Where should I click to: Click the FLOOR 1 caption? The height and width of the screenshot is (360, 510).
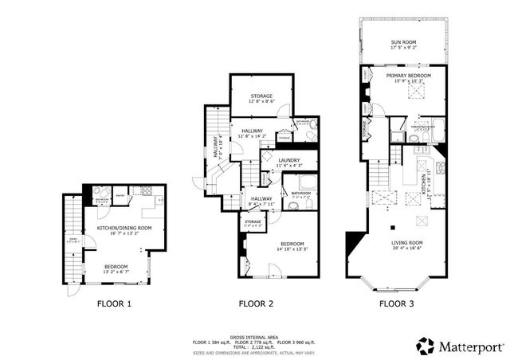pos(114,303)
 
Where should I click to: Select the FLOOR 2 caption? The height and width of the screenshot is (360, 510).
pos(257,303)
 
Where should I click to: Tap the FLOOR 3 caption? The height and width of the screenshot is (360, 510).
pos(396,303)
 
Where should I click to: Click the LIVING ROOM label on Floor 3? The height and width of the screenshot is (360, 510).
pos(406,243)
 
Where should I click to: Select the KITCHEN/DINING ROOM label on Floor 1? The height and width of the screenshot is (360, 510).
pos(124,228)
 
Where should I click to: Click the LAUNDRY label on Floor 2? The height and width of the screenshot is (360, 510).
pos(288,162)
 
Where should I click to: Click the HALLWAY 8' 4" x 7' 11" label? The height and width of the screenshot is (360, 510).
pos(262,200)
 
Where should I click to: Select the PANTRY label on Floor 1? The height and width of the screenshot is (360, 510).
pos(120,192)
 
